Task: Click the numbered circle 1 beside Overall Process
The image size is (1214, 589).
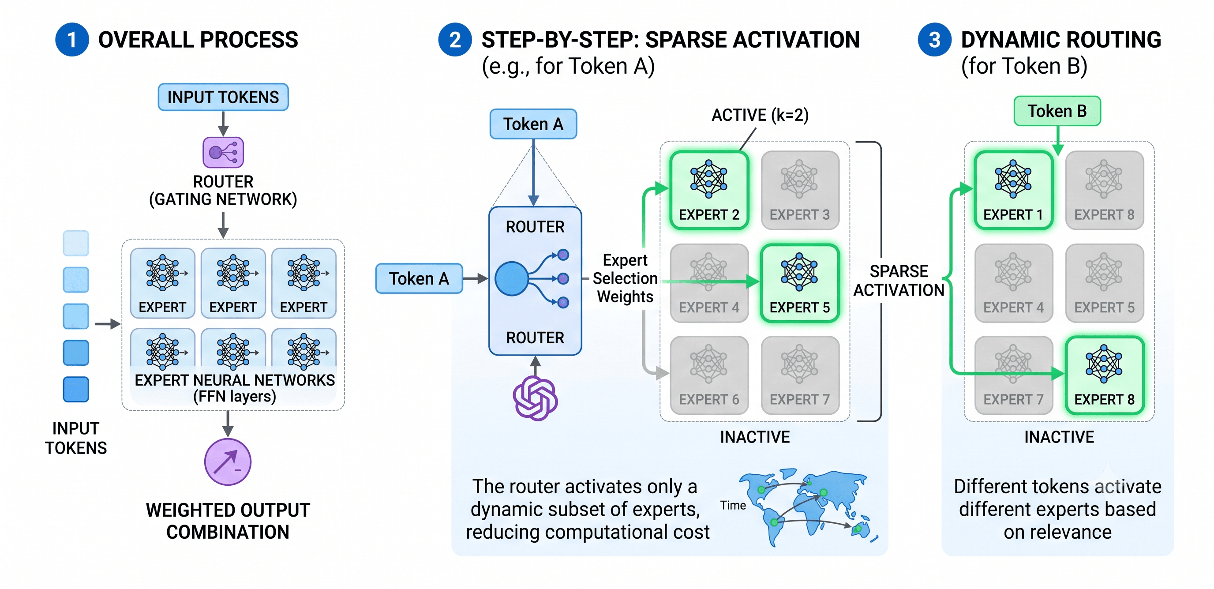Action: point(72,40)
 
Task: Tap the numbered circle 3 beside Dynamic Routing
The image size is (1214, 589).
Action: point(934,40)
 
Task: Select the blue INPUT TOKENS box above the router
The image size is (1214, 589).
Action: point(223,97)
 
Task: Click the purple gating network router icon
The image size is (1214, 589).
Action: point(223,152)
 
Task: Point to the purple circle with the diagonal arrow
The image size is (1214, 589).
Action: point(228,462)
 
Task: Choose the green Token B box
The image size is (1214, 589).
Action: point(1057,111)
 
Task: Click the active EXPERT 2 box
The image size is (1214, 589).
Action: point(709,190)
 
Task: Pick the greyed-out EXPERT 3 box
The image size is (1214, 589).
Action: point(800,190)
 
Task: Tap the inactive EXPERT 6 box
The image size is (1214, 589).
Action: point(709,375)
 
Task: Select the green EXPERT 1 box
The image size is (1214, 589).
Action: point(1014,190)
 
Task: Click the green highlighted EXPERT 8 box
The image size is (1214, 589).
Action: point(1105,375)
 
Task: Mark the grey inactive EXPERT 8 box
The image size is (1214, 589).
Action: point(1105,190)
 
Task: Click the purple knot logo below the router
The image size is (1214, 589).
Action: point(536,398)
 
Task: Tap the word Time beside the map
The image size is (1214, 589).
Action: point(733,505)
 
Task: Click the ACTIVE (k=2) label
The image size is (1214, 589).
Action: point(760,115)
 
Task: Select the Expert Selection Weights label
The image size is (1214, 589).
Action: point(625,278)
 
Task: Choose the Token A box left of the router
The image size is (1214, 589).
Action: point(419,278)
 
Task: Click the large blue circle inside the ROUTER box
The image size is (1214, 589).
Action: point(511,278)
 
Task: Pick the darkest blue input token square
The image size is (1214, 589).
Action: point(76,389)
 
